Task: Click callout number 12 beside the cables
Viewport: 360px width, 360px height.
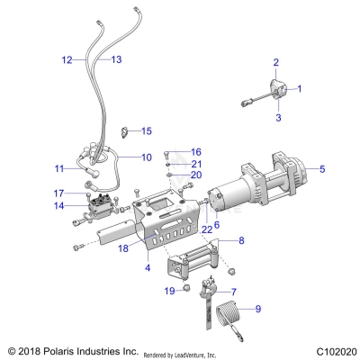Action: click(x=67, y=59)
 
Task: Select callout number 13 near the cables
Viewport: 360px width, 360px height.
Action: click(x=116, y=59)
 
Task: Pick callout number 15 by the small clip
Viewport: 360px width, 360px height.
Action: click(x=146, y=131)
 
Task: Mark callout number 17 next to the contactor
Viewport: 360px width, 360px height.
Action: click(x=58, y=193)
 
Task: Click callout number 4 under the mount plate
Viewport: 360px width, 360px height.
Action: click(x=147, y=268)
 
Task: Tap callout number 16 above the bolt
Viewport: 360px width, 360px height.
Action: click(x=196, y=151)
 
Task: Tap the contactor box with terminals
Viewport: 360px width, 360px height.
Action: click(x=101, y=214)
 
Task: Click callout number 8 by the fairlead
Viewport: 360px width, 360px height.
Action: click(x=240, y=242)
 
